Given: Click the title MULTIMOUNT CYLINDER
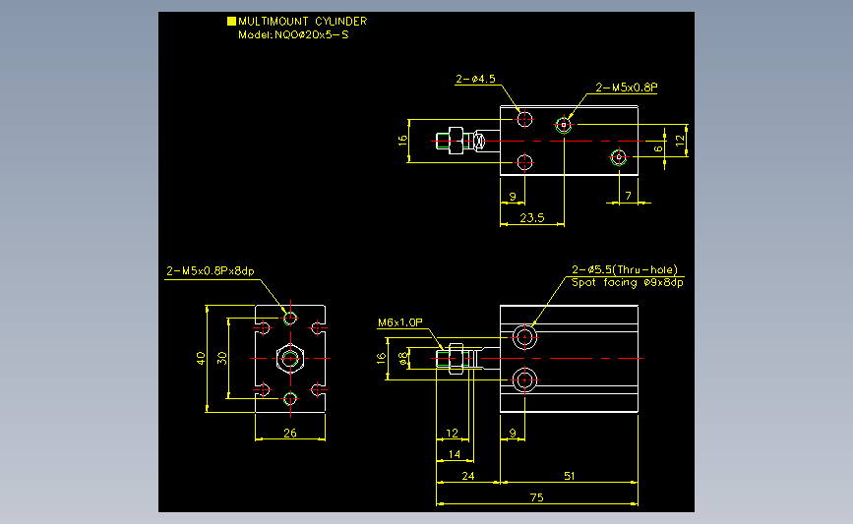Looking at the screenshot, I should [x=303, y=21].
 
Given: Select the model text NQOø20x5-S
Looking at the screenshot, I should [x=311, y=34].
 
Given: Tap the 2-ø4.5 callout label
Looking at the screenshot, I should [x=475, y=78].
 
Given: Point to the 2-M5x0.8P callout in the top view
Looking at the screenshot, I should [x=627, y=87].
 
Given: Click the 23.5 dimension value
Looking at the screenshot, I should [x=531, y=217].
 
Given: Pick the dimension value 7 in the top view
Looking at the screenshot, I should [x=629, y=196].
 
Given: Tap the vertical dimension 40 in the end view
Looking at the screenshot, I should [x=200, y=358].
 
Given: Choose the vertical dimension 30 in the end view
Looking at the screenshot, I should [x=222, y=358].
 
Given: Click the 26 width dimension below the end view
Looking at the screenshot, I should [x=289, y=432].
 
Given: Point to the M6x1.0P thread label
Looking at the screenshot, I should [x=399, y=322].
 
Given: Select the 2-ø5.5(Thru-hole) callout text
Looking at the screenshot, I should [x=625, y=269].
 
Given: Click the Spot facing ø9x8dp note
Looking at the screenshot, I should [x=628, y=282].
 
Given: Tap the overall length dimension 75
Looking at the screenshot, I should [x=536, y=498].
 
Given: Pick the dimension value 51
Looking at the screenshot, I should [x=569, y=476].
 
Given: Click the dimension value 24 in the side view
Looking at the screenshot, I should [x=468, y=476].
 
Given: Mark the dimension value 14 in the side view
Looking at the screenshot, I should [x=454, y=454].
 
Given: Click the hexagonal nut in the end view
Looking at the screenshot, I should [x=289, y=358].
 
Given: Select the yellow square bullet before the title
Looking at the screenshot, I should [x=231, y=21].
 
